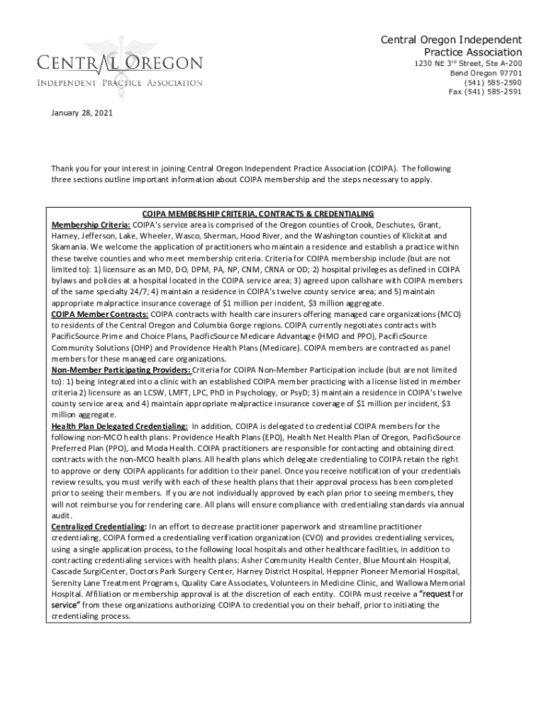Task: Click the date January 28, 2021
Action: click(82, 113)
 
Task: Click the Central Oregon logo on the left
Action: click(120, 68)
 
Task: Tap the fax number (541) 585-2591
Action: click(485, 91)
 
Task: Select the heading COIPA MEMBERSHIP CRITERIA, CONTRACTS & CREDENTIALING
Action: click(258, 214)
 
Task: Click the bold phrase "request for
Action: click(438, 594)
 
